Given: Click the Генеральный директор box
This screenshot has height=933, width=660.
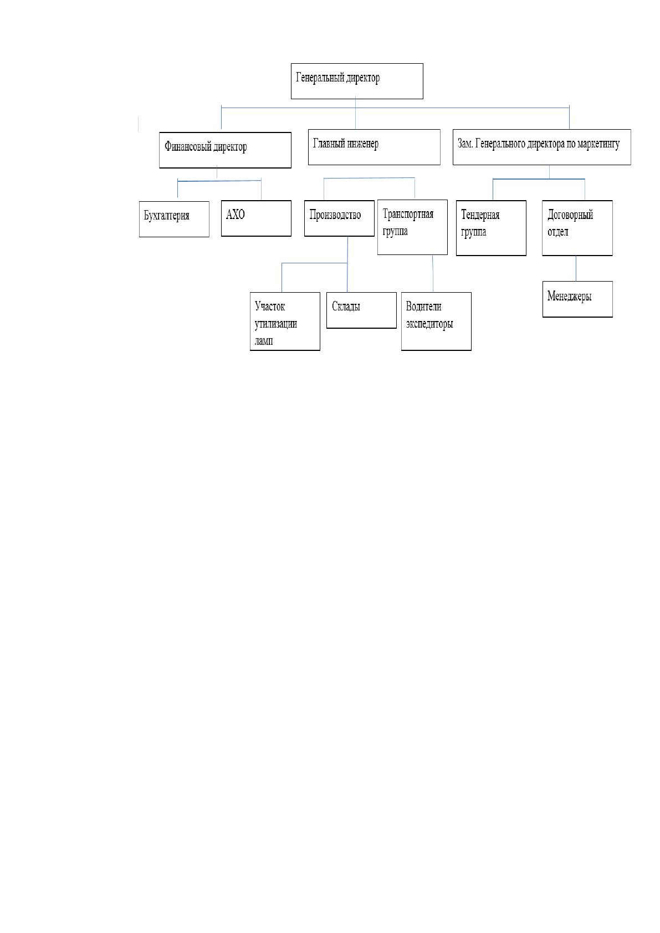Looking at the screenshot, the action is [357, 81].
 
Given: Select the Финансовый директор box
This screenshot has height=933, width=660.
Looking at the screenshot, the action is [225, 150].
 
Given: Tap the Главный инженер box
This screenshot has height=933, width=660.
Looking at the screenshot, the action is [374, 147].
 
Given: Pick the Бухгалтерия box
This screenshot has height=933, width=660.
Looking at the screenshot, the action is [174, 219].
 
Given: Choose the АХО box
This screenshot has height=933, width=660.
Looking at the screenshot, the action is [256, 218].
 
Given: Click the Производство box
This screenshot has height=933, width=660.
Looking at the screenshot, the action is [339, 218].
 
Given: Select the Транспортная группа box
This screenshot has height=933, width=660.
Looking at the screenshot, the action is [412, 227].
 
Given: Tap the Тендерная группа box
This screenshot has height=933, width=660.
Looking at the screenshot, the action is [491, 228].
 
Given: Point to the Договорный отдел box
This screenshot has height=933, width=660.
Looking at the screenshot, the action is [577, 228].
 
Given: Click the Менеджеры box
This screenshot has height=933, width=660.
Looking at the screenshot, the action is [577, 299].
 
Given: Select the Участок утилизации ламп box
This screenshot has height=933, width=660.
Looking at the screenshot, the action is [285, 321].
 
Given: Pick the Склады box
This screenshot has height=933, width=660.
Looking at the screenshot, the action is [361, 310].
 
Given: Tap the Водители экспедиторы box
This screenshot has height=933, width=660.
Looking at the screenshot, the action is [436, 321].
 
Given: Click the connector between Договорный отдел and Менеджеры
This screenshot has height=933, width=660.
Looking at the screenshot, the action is [576, 268].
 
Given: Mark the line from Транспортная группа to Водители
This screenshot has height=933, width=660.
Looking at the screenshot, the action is [433, 274].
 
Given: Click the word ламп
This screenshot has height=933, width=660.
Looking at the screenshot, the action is [264, 341].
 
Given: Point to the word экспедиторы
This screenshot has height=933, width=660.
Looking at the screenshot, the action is [429, 324].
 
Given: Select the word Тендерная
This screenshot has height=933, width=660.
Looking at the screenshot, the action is [480, 215].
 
